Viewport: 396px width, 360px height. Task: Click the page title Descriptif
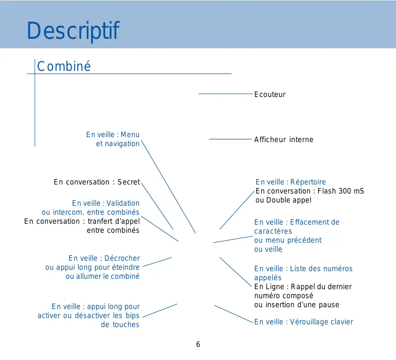[73, 31]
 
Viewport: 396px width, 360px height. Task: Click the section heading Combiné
[64, 66]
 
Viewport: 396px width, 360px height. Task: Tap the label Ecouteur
[270, 94]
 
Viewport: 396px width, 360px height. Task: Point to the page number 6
[198, 345]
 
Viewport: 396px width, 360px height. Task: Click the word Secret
[129, 182]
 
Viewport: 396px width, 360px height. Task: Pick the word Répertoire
[308, 182]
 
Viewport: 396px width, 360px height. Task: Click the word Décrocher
[122, 258]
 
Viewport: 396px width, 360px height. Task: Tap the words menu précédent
[294, 240]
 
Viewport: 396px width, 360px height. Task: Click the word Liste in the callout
[298, 268]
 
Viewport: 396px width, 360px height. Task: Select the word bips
[132, 315]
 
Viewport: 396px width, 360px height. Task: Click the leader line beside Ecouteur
[226, 94]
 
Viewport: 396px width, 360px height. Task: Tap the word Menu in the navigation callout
[130, 134]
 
